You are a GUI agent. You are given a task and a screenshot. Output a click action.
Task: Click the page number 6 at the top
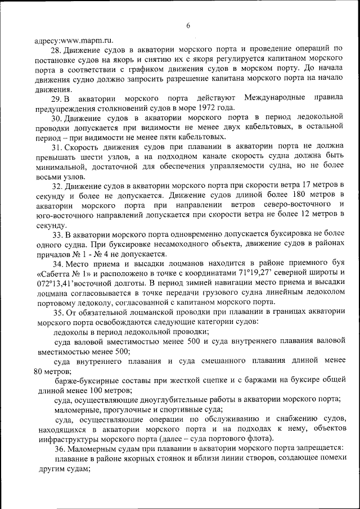point(188,25)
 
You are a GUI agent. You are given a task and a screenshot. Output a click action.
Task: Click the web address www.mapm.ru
point(86,40)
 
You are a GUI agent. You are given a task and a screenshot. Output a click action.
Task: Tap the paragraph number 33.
point(58,235)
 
